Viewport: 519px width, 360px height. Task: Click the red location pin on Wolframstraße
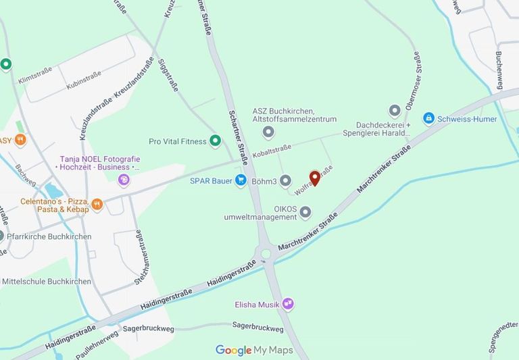tap(314, 178)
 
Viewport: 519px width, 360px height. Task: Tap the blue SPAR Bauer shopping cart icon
tap(240, 180)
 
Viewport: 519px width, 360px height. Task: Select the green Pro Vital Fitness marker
tap(216, 140)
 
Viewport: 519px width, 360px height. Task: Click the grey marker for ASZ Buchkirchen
tap(269, 132)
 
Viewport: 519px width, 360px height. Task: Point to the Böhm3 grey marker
tap(285, 180)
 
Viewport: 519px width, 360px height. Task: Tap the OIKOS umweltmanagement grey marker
tap(305, 213)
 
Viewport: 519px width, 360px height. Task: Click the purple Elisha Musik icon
tap(289, 304)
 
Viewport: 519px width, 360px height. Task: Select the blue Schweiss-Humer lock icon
tap(428, 119)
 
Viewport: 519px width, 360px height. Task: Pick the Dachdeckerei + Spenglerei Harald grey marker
tap(395, 111)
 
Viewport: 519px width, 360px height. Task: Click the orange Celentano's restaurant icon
tap(97, 203)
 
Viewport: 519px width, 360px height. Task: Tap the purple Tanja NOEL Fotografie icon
tap(124, 179)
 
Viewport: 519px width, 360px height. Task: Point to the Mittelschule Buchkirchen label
tap(47, 263)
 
